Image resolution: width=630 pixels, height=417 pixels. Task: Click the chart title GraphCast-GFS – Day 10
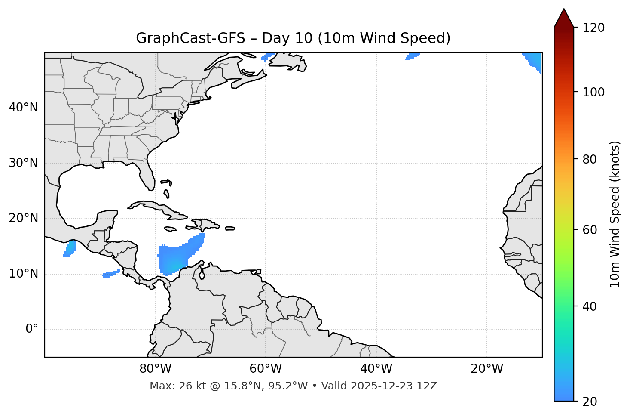point(293,38)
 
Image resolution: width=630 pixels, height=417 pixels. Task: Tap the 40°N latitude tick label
point(23,108)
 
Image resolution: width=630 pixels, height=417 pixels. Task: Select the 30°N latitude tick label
point(23,163)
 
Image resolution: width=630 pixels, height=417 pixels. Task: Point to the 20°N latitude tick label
point(23,218)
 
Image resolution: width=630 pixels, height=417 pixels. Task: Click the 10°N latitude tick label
point(23,274)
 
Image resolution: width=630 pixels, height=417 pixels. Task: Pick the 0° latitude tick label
point(32,329)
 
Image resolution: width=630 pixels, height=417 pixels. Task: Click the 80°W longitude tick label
point(155,369)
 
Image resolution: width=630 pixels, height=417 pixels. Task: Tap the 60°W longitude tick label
point(266,369)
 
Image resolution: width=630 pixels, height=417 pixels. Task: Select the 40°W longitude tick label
point(376,369)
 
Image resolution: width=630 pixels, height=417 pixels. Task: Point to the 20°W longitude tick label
point(486,369)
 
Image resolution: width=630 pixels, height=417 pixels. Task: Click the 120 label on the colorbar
point(593,28)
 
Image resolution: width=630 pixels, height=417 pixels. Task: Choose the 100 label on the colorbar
point(593,92)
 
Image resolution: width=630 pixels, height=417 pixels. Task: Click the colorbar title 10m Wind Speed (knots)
point(615,214)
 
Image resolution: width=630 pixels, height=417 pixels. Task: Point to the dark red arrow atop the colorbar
point(564,18)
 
